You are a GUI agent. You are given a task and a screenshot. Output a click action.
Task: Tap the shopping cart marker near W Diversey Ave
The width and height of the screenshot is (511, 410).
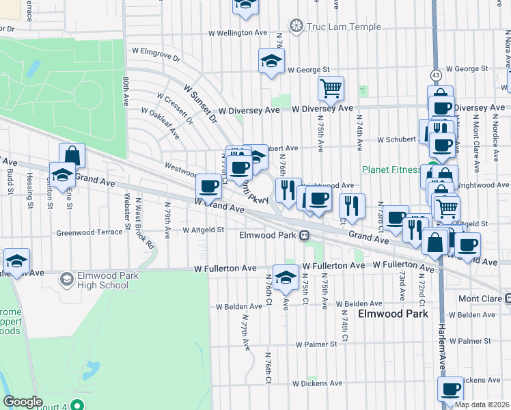point(331,87)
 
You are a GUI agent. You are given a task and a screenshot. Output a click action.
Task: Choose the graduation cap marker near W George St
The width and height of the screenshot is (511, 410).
point(271,61)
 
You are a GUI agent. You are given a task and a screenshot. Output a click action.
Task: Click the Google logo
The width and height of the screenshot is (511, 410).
point(23,402)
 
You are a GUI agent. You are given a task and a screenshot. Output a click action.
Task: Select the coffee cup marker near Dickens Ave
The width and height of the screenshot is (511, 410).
point(450,389)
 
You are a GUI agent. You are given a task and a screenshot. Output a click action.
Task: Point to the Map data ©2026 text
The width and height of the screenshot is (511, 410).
point(482,405)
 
